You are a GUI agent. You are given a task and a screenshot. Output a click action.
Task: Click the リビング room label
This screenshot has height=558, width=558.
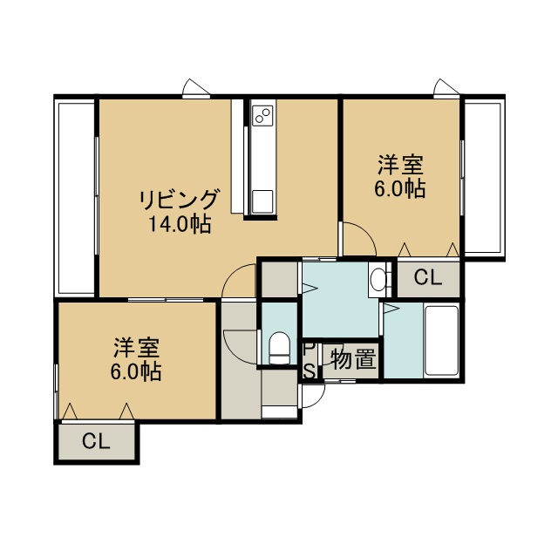tap(178, 200)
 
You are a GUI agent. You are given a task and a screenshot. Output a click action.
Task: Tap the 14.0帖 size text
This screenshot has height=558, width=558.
tap(180, 224)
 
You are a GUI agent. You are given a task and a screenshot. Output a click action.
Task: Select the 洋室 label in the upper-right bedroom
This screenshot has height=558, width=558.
tap(400, 165)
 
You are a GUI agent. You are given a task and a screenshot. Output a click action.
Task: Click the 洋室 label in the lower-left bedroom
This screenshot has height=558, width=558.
tap(136, 348)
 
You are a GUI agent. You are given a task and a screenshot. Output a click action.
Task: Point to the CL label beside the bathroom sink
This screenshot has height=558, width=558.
tap(428, 277)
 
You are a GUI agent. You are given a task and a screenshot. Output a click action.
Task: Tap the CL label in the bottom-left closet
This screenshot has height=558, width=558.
tap(96, 441)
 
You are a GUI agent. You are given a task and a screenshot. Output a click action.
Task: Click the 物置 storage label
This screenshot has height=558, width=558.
tap(353, 359)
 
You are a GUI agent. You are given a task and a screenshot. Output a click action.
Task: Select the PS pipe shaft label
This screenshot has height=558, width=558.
tap(310, 360)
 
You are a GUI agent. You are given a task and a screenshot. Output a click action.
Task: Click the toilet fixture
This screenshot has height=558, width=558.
tap(279, 348)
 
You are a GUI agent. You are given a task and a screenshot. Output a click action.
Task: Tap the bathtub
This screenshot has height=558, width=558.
tap(441, 341)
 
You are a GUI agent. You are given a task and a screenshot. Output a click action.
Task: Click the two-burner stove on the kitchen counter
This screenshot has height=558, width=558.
tap(262, 115)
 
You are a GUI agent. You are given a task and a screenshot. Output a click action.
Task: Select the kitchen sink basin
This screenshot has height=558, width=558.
tap(262, 201)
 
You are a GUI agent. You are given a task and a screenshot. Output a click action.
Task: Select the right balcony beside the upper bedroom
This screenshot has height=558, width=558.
tap(484, 178)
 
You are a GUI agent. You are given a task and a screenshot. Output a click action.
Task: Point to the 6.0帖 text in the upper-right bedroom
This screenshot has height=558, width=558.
tap(400, 188)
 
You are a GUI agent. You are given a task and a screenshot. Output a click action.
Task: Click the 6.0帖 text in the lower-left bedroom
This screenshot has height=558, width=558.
tap(136, 371)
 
